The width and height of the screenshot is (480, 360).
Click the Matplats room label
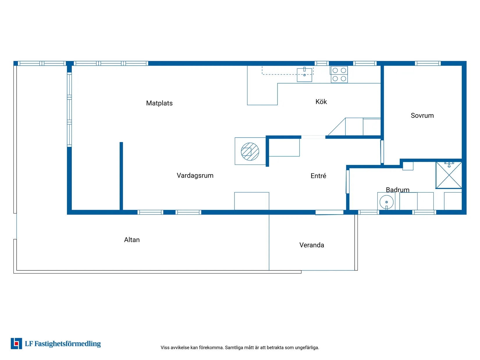pyautogui.click(x=159, y=103)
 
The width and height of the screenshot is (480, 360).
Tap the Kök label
pyautogui.click(x=321, y=102)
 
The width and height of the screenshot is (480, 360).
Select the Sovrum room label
pyautogui.click(x=422, y=115)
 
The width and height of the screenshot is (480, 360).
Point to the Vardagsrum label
pyautogui.click(x=195, y=175)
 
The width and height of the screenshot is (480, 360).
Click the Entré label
pyautogui.click(x=318, y=176)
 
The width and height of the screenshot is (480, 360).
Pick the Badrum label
pyautogui.click(x=397, y=190)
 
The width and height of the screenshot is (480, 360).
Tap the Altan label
pyautogui.click(x=132, y=240)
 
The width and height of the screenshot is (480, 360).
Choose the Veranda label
pyautogui.click(x=311, y=245)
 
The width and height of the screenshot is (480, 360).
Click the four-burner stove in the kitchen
pyautogui.click(x=339, y=74)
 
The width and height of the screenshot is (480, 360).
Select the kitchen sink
pyautogui.click(x=304, y=75)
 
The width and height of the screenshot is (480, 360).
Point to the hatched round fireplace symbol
pyautogui.click(x=250, y=152)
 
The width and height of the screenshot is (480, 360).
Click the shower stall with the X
pyautogui.click(x=449, y=175)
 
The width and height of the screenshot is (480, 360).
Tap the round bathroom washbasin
pyautogui.click(x=386, y=202)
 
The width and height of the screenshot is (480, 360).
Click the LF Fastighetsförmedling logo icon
pyautogui.click(x=16, y=343)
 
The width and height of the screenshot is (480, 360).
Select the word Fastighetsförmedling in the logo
pyautogui.click(x=67, y=344)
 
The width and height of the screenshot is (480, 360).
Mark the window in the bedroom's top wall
pyautogui.click(x=428, y=63)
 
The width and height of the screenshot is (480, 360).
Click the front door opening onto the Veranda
pyautogui.click(x=329, y=212)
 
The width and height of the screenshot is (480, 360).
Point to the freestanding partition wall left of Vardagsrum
pyautogui.click(x=121, y=176)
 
